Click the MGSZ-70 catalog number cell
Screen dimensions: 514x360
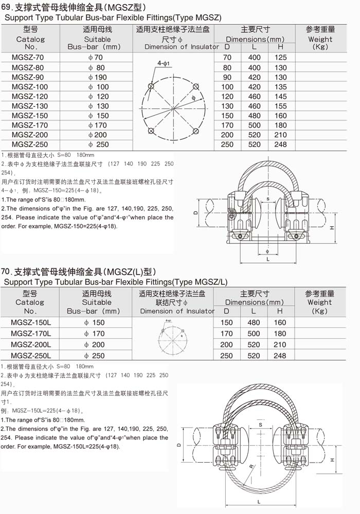point(30,58)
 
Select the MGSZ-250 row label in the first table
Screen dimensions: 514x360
point(30,144)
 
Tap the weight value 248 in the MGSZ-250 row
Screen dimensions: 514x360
point(280,144)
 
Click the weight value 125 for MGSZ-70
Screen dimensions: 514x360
point(280,58)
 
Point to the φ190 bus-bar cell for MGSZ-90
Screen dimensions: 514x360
point(97,77)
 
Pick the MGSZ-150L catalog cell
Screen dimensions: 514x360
point(30,322)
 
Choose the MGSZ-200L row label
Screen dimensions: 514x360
point(30,344)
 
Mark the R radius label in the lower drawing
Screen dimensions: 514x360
point(251,466)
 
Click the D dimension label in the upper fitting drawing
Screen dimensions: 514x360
point(196,212)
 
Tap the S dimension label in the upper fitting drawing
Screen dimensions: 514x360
point(267,198)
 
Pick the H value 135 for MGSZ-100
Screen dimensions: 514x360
point(280,87)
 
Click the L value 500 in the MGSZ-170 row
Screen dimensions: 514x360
point(254,125)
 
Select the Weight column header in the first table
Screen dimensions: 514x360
point(320,39)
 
